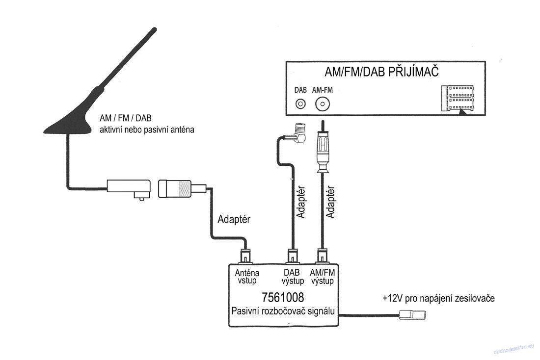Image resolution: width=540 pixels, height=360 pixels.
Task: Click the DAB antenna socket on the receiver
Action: pyautogui.click(x=300, y=103)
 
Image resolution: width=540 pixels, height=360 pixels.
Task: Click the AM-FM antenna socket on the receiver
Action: pyautogui.click(x=323, y=103)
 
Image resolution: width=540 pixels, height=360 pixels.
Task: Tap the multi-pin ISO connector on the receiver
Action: pyautogui.click(x=458, y=99)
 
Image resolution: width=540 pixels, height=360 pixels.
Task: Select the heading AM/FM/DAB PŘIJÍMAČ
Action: pyautogui.click(x=381, y=72)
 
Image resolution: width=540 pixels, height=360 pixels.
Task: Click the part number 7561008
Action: pyautogui.click(x=283, y=297)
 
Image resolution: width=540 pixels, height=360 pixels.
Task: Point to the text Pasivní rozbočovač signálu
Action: pyautogui.click(x=283, y=311)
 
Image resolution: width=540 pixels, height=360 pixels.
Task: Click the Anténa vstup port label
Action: pyautogui.click(x=247, y=277)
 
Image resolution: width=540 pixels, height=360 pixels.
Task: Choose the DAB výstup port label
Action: pyautogui.click(x=293, y=277)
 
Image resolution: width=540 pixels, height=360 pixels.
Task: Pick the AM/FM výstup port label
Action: pyautogui.click(x=323, y=277)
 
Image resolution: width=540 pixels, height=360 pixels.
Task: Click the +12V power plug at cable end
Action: pyautogui.click(x=412, y=314)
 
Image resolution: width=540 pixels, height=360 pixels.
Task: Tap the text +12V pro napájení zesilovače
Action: pyautogui.click(x=438, y=298)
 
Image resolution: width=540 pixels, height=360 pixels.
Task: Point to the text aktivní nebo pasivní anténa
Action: pyautogui.click(x=147, y=130)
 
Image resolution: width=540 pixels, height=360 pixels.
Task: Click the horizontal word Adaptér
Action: pyautogui.click(x=234, y=219)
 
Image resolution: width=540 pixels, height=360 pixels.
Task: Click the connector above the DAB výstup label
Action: pyautogui.click(x=293, y=256)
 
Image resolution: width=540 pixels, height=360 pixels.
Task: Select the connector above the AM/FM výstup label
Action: pyautogui.click(x=323, y=256)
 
